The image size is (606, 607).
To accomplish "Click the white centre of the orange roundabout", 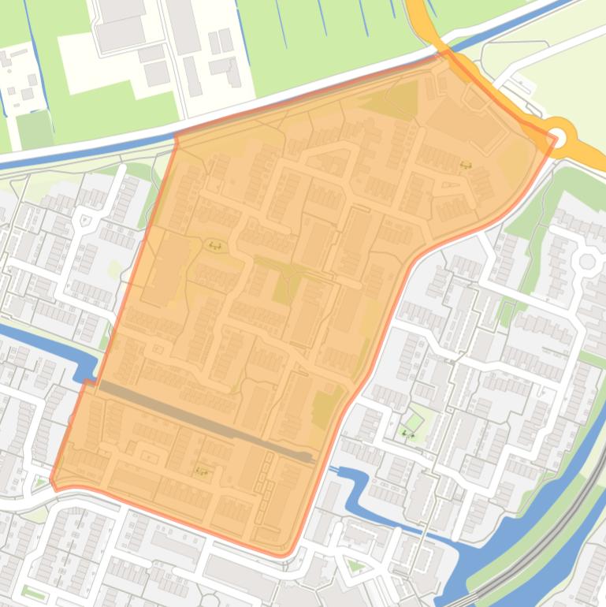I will click(559, 133).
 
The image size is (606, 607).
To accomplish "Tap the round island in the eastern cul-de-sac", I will click(587, 262).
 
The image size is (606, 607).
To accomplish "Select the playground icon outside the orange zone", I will click(407, 432).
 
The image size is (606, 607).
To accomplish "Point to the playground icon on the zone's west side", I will click(214, 246).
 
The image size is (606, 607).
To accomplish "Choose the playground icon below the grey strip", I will click(202, 471).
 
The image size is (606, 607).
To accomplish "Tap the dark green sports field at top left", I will click(34, 130).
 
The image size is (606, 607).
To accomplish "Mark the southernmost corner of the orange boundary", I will click(283, 555).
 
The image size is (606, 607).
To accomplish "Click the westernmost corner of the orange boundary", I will click(52, 480).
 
